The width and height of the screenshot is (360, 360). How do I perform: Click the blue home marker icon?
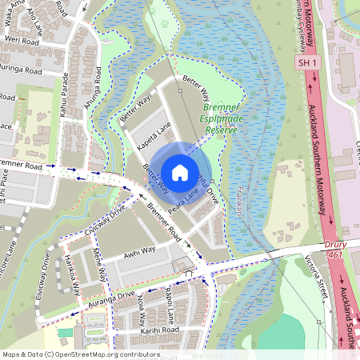click(180, 172)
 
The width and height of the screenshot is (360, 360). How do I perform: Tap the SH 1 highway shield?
click(307, 62)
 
